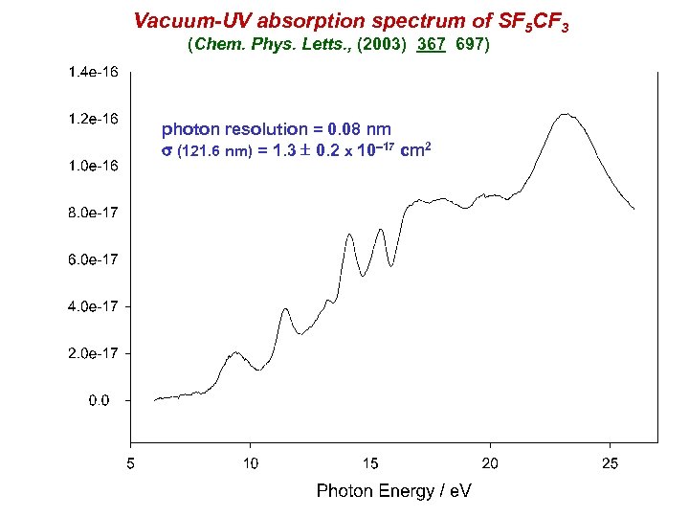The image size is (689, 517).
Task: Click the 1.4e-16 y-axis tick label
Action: [93, 72]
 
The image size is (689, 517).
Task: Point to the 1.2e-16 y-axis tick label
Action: [93, 119]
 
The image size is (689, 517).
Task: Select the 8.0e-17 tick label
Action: [93, 213]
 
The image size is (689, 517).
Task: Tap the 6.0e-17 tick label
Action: [93, 259]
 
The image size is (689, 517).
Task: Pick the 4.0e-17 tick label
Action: [93, 306]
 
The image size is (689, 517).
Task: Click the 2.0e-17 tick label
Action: [93, 353]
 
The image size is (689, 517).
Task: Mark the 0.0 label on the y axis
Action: [100, 400]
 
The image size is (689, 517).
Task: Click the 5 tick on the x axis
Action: [130, 464]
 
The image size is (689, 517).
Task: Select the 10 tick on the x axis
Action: [250, 464]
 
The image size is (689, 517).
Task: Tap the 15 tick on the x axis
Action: [370, 464]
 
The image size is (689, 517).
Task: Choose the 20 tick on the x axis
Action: [490, 464]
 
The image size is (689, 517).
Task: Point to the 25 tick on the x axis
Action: [611, 464]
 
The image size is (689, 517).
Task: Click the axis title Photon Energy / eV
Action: [393, 491]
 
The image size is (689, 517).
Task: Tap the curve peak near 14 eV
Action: [350, 234]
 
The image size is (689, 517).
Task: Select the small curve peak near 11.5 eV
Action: [286, 309]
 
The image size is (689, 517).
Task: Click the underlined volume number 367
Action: [433, 44]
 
